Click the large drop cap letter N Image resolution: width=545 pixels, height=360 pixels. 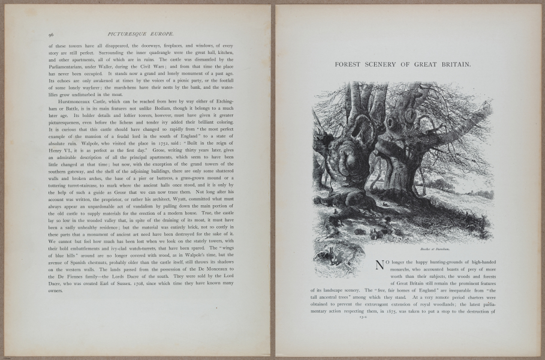pos(379,265)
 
